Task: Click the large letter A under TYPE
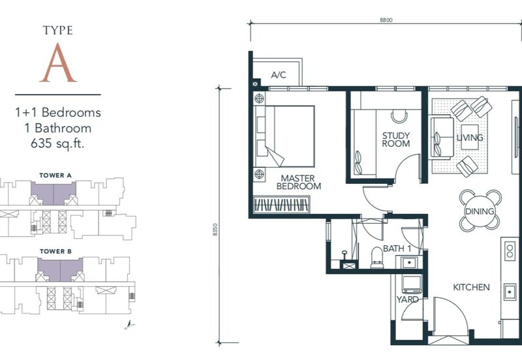click(x=58, y=63)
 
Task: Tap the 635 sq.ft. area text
click(x=57, y=143)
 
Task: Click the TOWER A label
click(x=55, y=175)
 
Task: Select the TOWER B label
click(x=55, y=252)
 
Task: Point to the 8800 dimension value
click(x=386, y=20)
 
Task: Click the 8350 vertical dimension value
click(x=215, y=230)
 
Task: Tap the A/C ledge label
click(x=279, y=75)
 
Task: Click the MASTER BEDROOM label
click(x=299, y=183)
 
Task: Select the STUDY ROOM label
click(x=396, y=140)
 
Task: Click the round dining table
click(x=480, y=211)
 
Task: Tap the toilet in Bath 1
click(x=377, y=257)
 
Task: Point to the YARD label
click(x=407, y=299)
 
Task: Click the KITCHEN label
click(x=471, y=287)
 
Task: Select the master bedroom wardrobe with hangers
click(x=281, y=205)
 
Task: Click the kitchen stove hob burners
click(x=510, y=251)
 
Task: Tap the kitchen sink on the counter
click(x=510, y=292)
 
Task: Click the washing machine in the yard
click(x=412, y=284)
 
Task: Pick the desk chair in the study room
click(x=399, y=117)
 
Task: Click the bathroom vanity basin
click(x=409, y=263)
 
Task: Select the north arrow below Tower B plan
click(x=130, y=325)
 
